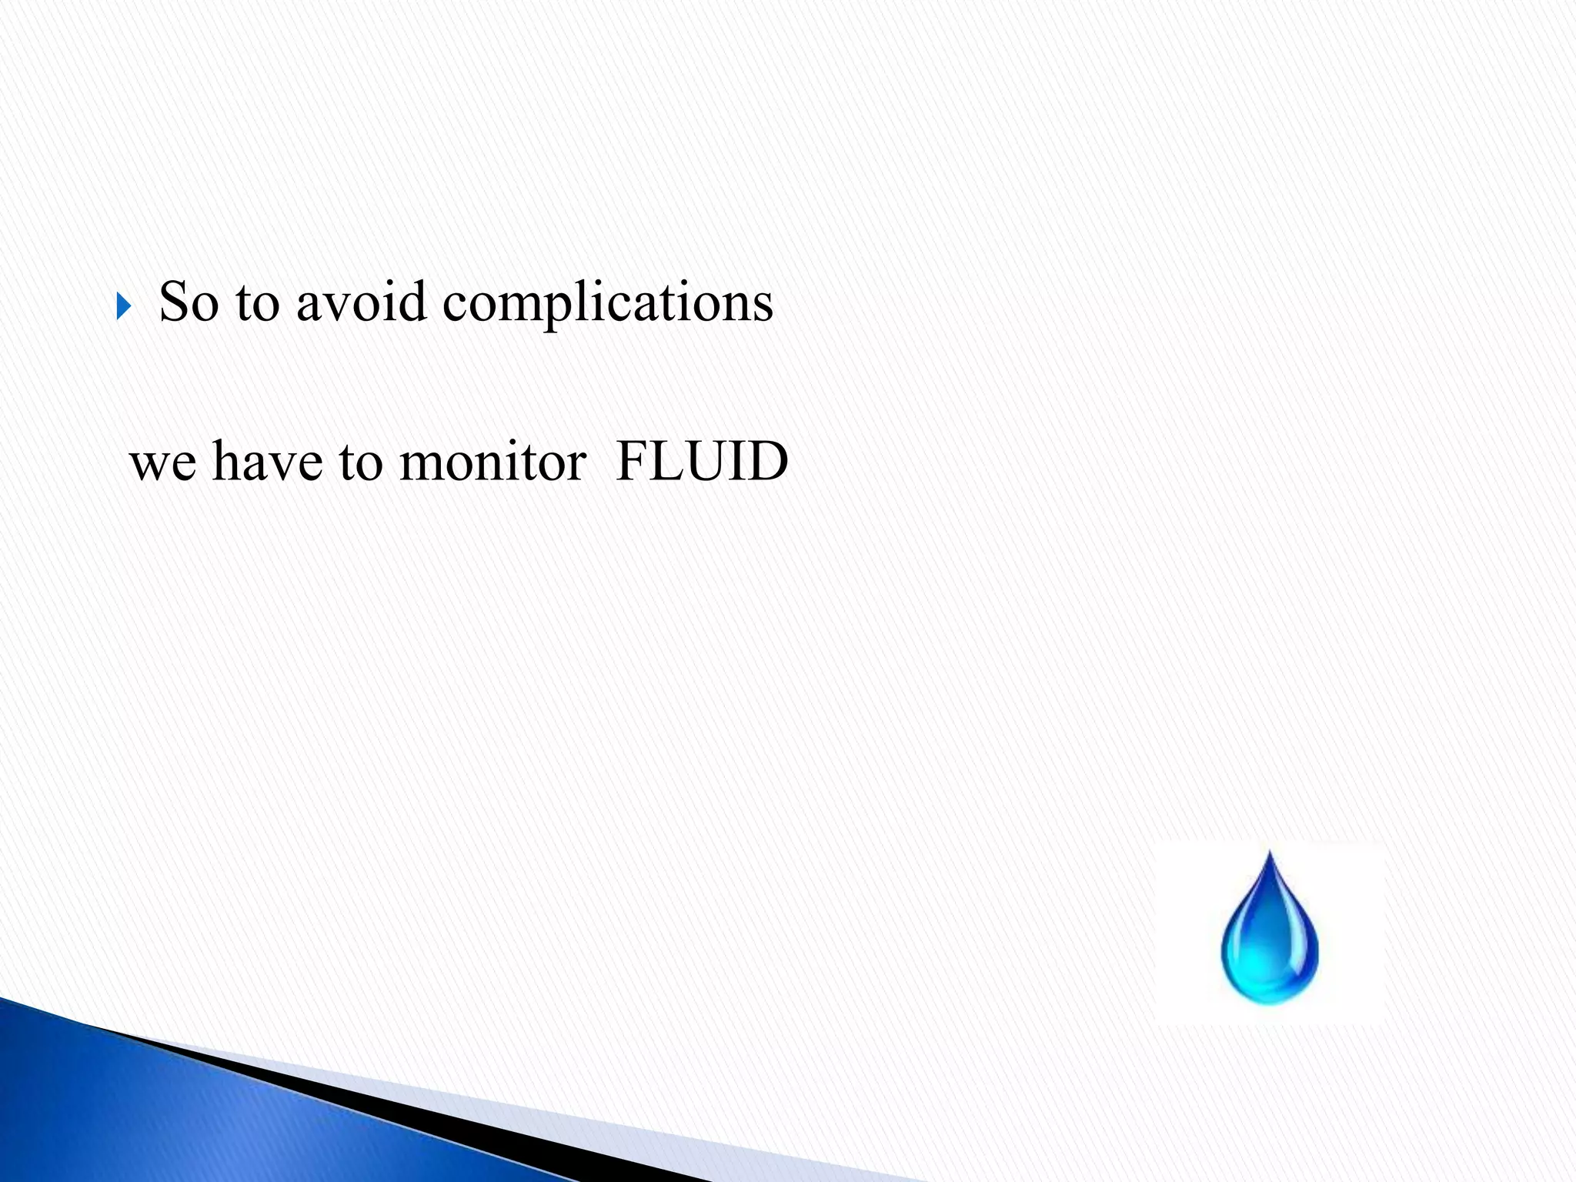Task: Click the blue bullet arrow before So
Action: pos(124,306)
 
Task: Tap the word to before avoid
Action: pos(257,302)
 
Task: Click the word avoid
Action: pos(361,302)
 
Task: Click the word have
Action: pos(267,462)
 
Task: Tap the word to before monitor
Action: pos(360,463)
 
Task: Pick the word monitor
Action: pos(492,462)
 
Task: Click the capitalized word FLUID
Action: pos(702,462)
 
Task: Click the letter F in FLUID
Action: pos(633,462)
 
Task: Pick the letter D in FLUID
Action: pos(770,462)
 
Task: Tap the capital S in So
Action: pos(175,301)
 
